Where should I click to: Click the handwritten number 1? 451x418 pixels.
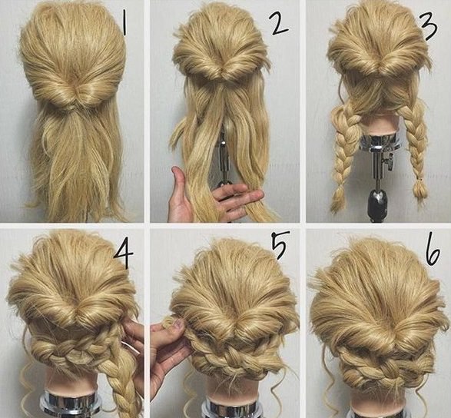(x=124, y=24)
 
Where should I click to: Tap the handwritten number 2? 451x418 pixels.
(x=278, y=23)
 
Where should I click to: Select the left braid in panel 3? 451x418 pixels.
(x=345, y=150)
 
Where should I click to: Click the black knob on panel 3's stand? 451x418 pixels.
(x=377, y=201)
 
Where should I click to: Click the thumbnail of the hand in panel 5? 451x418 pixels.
(x=178, y=325)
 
